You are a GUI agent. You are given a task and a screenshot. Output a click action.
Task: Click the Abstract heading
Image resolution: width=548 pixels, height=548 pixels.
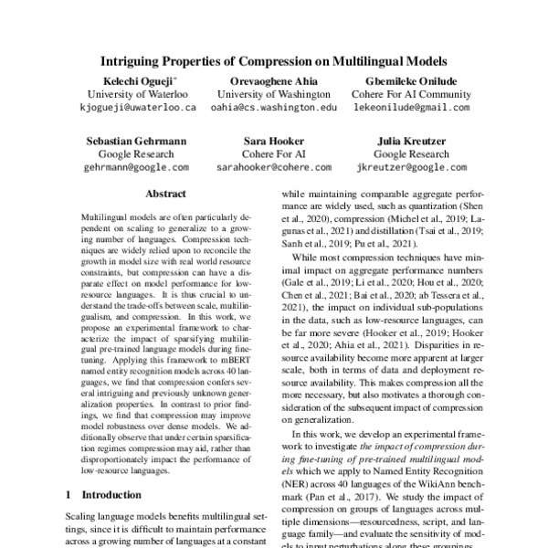pos(165,195)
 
